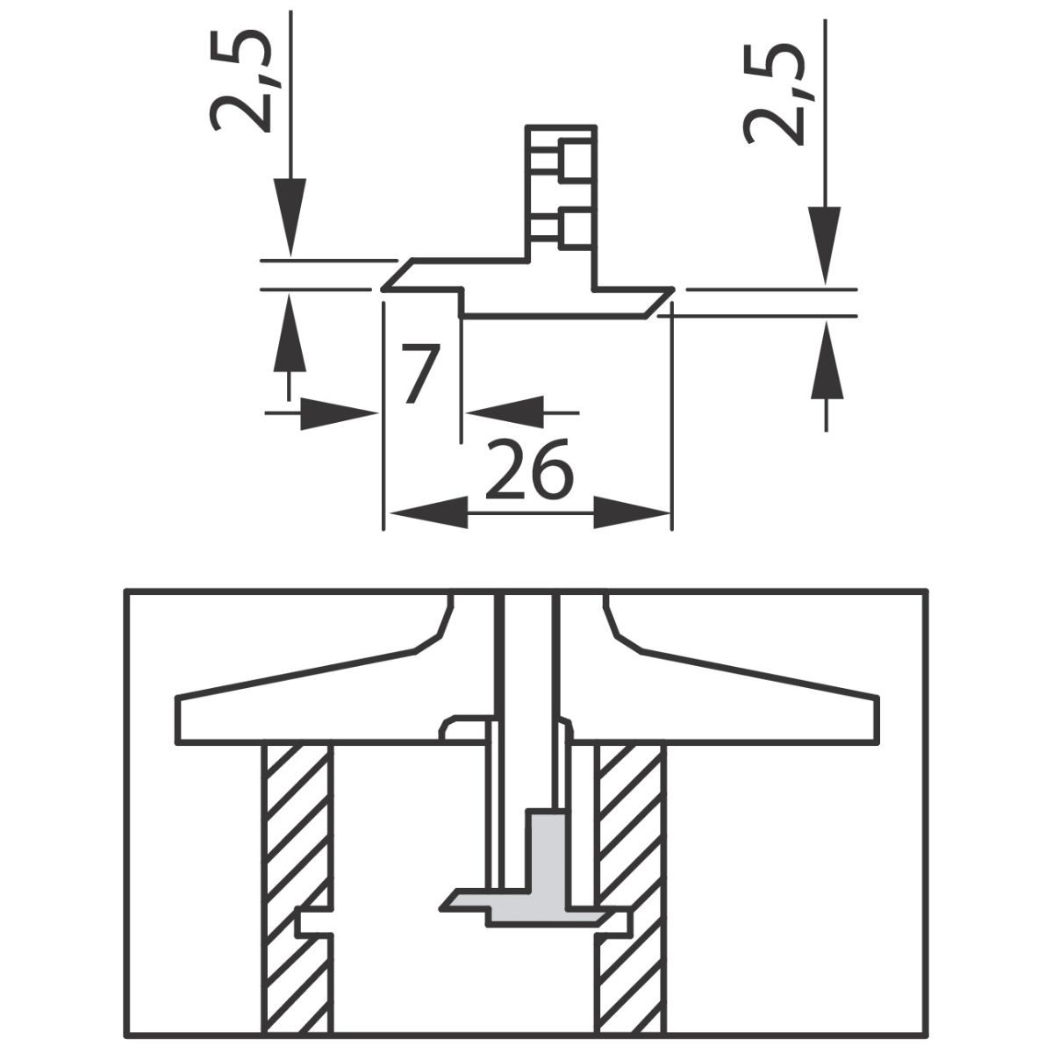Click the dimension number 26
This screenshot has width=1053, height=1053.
529,470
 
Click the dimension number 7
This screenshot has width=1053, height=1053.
420,374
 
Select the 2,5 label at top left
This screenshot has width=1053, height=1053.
241,81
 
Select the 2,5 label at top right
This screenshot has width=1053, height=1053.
774,94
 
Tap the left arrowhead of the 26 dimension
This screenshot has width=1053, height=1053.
426,512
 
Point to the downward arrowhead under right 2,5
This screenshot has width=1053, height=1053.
825,245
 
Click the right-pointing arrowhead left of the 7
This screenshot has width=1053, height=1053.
339,413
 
